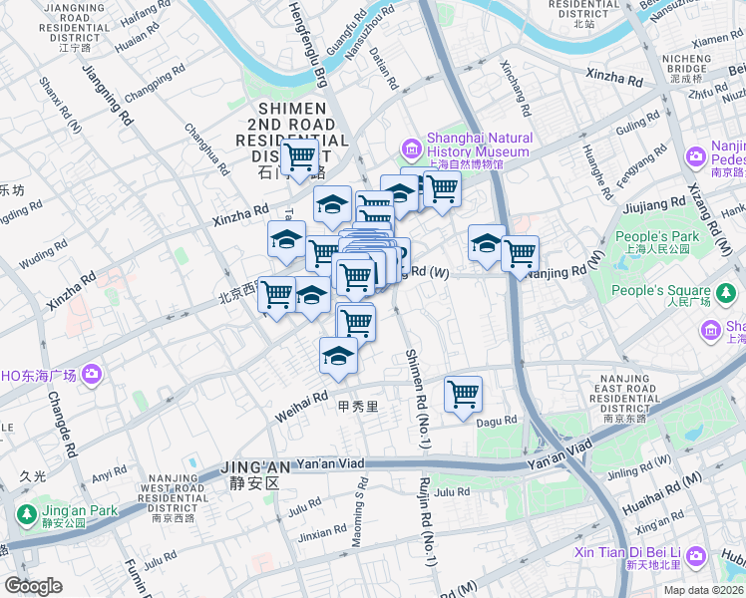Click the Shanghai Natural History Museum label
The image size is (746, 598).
(x=479, y=146)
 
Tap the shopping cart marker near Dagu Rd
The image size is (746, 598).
(x=463, y=394)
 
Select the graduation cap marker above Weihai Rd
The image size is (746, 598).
(x=338, y=356)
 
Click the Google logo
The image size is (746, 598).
(x=34, y=586)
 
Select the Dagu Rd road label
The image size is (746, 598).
(x=497, y=422)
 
